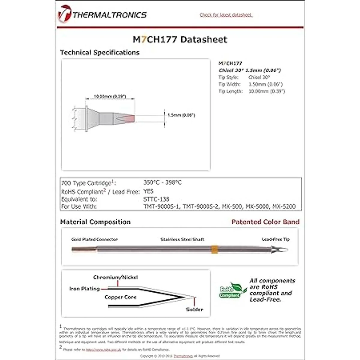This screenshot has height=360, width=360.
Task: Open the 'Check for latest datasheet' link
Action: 226,15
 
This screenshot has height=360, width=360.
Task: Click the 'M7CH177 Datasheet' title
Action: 180,39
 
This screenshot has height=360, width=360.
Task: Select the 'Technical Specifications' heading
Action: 100,52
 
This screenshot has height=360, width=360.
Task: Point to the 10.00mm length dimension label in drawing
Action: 110,97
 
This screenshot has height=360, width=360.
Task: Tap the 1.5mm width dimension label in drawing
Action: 181,115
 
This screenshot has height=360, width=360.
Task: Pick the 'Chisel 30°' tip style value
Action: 259,77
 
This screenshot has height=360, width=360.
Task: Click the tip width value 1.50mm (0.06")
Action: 265,84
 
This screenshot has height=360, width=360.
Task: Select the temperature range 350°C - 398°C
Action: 162,182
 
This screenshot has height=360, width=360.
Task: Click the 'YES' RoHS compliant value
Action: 148,191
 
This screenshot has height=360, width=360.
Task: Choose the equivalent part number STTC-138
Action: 156,199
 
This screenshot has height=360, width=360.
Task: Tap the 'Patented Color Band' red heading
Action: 265,222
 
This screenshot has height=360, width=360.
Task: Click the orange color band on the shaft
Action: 214,249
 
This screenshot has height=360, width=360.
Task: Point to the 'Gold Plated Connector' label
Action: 94,239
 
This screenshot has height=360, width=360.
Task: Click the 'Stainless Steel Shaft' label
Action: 182,239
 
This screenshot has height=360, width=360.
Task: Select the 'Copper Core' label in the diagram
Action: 120,297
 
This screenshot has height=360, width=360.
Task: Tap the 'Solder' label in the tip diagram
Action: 194,309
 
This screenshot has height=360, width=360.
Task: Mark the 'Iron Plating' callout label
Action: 84,289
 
